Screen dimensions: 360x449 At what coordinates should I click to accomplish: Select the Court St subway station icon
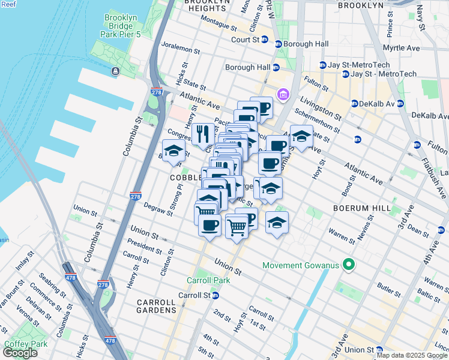(x=279, y=44)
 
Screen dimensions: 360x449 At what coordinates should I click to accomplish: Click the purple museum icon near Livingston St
(x=283, y=95)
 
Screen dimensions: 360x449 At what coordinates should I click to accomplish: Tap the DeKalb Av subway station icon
(x=354, y=104)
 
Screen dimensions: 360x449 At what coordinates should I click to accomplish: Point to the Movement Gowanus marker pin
(x=348, y=265)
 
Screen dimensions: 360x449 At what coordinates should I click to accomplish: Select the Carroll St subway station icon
(x=215, y=296)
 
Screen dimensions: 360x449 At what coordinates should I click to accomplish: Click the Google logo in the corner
(x=20, y=353)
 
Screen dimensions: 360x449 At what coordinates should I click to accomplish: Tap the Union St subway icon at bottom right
(x=379, y=350)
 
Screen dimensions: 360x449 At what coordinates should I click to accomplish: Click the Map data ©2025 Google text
(x=411, y=355)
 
